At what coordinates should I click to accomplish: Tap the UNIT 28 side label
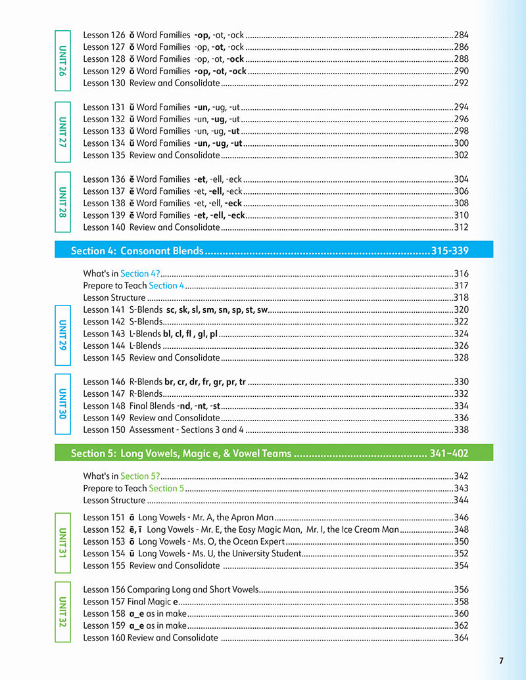[x=62, y=202]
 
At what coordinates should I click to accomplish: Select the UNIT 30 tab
[x=62, y=405]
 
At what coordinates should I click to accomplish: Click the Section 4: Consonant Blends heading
[x=137, y=251]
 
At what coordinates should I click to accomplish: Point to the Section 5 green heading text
[x=180, y=453]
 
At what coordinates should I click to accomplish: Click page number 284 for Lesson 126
[x=461, y=35]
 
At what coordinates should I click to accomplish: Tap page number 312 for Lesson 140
[x=461, y=227]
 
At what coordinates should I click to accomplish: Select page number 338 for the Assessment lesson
[x=461, y=430]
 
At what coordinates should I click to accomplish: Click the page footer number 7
[x=501, y=660]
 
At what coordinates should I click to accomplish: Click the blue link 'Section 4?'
[x=140, y=273]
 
